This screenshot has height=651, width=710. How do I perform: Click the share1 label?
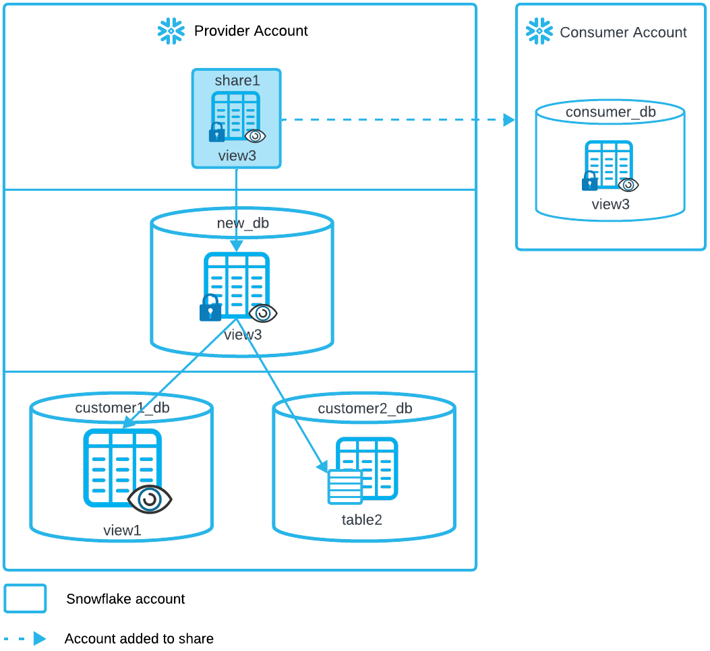(x=237, y=81)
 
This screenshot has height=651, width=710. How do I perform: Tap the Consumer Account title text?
(x=623, y=32)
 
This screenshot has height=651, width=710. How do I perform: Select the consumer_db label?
(x=610, y=112)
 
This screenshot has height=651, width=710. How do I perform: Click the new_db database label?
(x=243, y=223)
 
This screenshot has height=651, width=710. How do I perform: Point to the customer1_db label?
(x=122, y=408)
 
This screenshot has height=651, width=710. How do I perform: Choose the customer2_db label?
(x=365, y=408)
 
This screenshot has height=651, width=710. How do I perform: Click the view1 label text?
(x=122, y=530)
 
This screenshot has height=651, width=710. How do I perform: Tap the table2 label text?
(x=362, y=520)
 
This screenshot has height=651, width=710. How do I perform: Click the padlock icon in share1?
(x=216, y=132)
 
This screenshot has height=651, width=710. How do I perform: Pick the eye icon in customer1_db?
(x=150, y=499)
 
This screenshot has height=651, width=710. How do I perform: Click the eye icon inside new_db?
(x=263, y=313)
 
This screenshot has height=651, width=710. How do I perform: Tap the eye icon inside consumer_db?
(x=628, y=185)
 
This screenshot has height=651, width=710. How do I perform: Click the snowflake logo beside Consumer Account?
(x=539, y=31)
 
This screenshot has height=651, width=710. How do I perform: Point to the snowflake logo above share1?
(x=171, y=31)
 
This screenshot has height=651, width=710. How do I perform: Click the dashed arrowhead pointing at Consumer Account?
(x=509, y=120)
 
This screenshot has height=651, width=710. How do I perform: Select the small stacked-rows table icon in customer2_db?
(x=345, y=487)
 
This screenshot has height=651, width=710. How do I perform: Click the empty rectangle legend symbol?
(x=26, y=598)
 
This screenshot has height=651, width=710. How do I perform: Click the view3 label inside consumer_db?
(x=610, y=204)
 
